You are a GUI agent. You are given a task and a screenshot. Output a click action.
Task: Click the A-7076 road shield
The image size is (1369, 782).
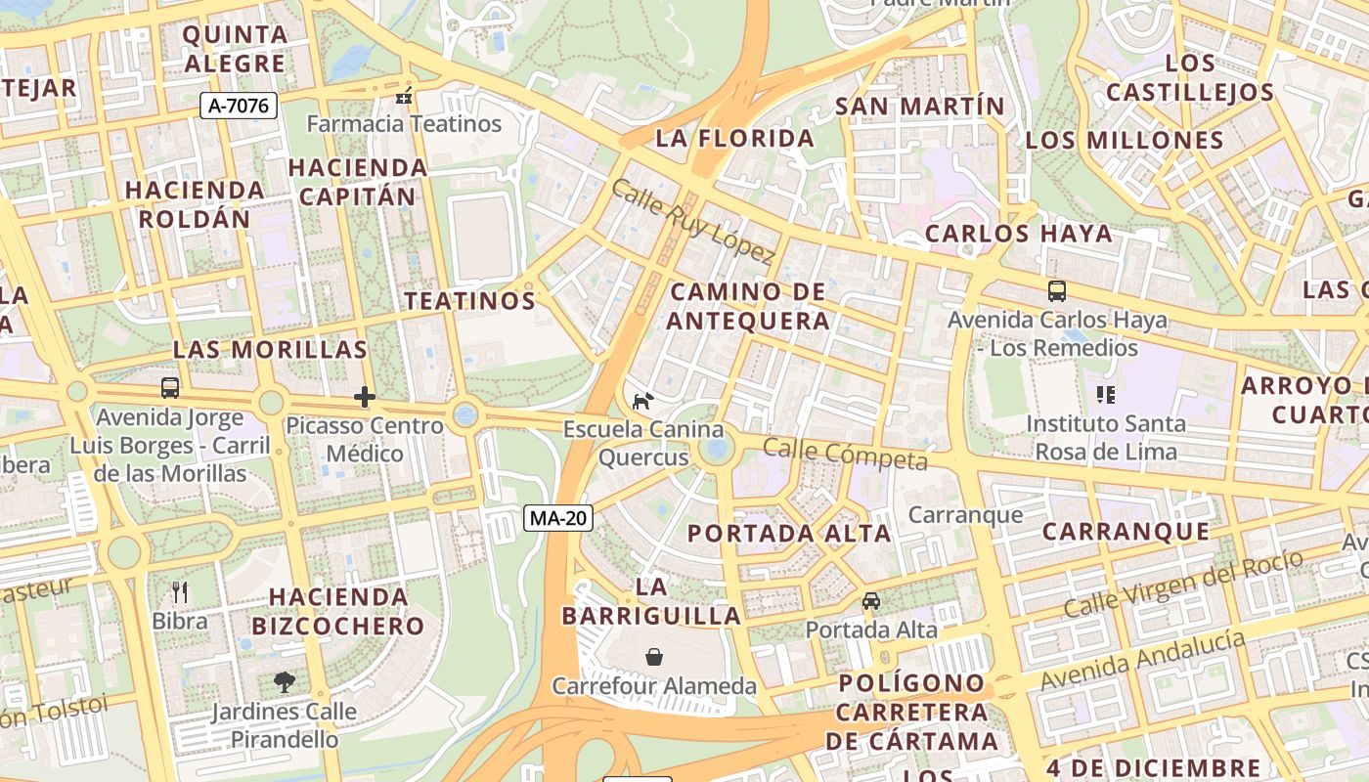tap(239, 106)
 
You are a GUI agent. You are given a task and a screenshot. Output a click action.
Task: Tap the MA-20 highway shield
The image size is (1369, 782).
tap(558, 518)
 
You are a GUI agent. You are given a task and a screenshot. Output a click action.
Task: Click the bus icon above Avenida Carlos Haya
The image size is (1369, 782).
tap(1057, 290)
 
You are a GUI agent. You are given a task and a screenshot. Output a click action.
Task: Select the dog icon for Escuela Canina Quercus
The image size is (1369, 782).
tap(643, 401)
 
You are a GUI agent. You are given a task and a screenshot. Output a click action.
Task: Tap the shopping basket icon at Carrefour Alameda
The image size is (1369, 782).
tap(654, 657)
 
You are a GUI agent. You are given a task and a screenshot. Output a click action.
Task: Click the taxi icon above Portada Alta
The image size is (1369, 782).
tap(871, 601)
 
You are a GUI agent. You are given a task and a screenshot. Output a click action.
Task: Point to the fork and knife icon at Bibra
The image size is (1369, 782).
tap(179, 591)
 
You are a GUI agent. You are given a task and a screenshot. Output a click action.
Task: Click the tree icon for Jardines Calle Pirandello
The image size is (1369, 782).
tap(285, 681)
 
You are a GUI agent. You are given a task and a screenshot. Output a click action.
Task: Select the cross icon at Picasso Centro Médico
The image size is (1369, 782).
tap(365, 397)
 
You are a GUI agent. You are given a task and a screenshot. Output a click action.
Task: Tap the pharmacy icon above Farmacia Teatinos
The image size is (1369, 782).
tap(403, 96)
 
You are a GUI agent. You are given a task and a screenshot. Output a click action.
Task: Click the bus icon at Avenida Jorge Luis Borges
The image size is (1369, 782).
tap(170, 388)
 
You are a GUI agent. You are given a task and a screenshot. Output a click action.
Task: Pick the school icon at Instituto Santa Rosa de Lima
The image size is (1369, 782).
tap(1106, 395)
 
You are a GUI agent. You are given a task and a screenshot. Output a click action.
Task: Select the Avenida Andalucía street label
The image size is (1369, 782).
tap(1143, 661)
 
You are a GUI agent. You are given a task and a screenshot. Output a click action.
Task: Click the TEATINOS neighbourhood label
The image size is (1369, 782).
tap(470, 300)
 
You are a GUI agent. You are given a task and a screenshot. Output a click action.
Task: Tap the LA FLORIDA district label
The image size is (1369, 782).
tap(734, 139)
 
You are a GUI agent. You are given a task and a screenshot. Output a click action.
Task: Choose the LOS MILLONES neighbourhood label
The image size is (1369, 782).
tap(1125, 140)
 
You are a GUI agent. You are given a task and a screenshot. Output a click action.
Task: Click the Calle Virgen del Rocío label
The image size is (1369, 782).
tap(1183, 584)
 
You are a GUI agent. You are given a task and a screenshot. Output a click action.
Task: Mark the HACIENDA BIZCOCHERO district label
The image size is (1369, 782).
tap(338, 611)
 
